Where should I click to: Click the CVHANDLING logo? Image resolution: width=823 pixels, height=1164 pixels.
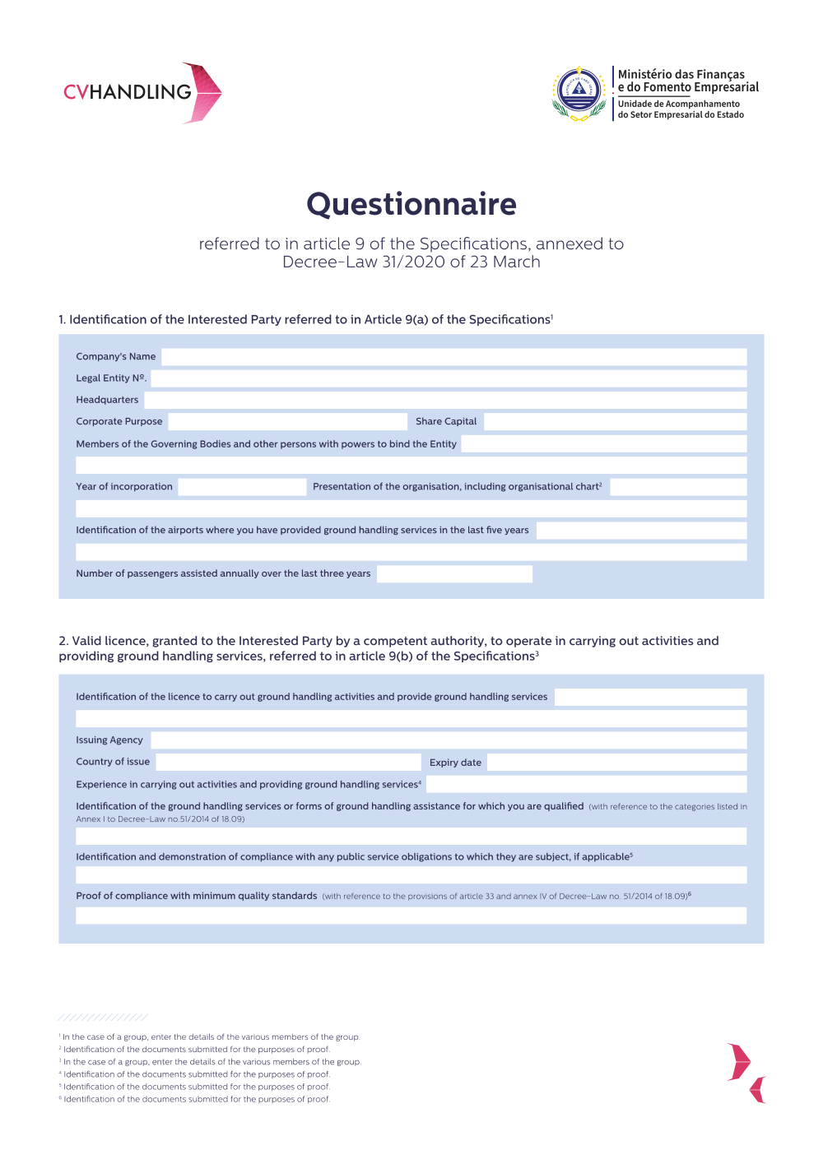142,92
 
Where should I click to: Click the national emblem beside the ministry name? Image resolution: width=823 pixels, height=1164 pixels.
579,92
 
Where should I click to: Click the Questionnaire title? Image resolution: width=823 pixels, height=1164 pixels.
411,204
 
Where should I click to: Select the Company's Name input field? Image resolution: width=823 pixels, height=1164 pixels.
453,357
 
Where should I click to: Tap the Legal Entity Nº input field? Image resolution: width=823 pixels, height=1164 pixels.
449,378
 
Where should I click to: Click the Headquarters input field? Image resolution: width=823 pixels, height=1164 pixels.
445,400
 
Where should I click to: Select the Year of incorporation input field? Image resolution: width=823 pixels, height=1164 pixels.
242,487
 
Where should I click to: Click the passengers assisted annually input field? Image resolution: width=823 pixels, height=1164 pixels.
454,574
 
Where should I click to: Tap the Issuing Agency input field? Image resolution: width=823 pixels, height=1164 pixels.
449,740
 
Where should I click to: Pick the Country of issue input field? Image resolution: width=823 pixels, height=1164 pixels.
288,763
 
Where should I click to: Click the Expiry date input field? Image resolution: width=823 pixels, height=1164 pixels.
616,763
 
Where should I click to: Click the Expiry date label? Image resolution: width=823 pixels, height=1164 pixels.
455,763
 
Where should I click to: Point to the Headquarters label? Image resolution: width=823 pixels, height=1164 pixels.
107,400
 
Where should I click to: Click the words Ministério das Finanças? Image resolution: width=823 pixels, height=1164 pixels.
681,74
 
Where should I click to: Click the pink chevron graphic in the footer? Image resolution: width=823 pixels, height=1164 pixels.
746,1072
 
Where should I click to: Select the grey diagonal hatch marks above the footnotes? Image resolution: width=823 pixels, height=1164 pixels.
103,1018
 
